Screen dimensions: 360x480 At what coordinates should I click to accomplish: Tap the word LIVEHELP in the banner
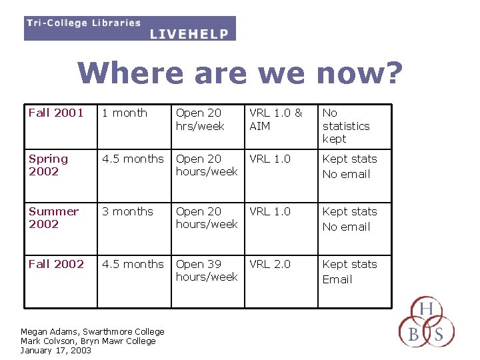pos(189,33)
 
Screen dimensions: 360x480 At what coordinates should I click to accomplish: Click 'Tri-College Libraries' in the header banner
pos(83,23)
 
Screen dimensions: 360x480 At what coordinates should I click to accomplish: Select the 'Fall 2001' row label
pos(56,113)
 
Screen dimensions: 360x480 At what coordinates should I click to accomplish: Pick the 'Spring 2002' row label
pos(48,165)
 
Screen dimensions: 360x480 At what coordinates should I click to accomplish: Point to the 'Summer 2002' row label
pos(53,217)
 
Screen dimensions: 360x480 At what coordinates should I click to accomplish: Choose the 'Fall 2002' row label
pos(56,264)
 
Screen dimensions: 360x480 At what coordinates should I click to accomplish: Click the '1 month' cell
pos(124,113)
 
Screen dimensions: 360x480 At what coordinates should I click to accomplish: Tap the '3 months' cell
pos(127,211)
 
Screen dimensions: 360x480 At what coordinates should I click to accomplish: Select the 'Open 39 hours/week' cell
pos(206,270)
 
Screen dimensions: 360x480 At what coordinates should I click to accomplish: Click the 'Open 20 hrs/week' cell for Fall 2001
pos(200,119)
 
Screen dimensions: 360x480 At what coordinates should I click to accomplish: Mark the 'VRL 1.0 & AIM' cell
pos(275,119)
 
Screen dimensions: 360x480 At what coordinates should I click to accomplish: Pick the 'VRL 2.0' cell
pos(270,264)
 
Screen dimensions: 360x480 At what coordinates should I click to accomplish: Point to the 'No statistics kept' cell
pos(345,126)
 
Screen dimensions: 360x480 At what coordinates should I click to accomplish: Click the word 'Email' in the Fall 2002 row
pos(337,279)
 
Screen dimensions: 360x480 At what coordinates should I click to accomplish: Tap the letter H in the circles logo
pos(426,309)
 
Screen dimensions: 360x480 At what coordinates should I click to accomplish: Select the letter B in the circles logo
pos(413,334)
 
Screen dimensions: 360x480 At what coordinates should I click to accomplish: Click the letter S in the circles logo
pos(439,334)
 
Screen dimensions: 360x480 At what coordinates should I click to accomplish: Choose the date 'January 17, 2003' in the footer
pos(56,350)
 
